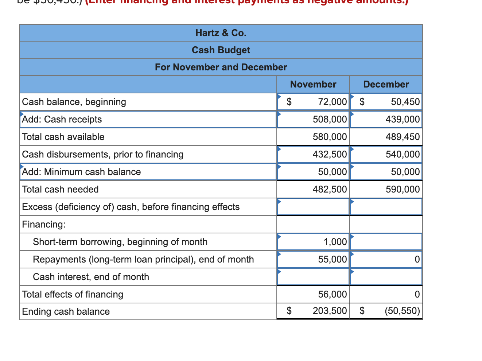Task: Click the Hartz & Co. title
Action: coord(221,33)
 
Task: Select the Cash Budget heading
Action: coord(221,50)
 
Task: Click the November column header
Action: coord(313,84)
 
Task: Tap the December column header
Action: coord(386,84)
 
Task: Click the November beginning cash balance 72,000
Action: coord(332,102)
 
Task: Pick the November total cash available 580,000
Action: coord(330,137)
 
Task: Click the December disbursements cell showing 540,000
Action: coord(402,154)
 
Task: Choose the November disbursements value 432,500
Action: coord(330,154)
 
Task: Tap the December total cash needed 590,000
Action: coord(402,189)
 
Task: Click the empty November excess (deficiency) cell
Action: coord(313,207)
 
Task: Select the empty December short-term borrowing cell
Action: coord(386,242)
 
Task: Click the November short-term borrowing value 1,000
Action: coord(335,242)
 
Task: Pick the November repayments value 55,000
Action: coord(332,259)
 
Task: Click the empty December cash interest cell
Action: coord(386,277)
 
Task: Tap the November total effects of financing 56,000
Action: coord(332,294)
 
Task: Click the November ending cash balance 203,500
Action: coord(330,311)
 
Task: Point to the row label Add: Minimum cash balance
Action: coord(81,172)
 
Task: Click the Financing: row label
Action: coord(44,224)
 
